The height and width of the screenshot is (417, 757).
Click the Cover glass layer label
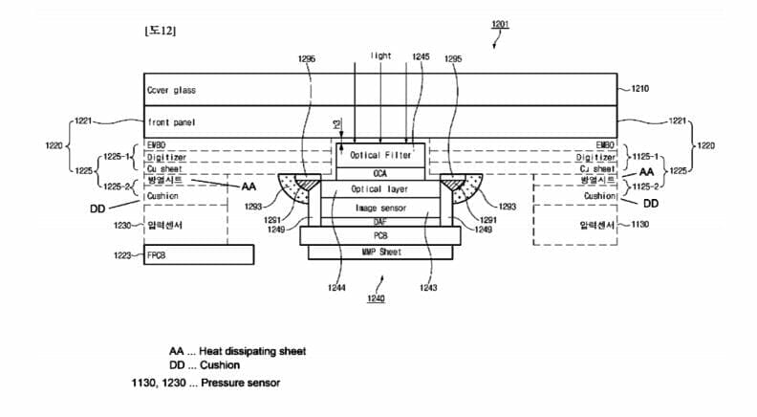click(x=171, y=90)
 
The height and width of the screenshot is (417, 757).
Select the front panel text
click(x=172, y=122)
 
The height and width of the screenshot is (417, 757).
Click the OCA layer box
click(x=381, y=173)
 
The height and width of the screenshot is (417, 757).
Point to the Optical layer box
click(x=380, y=189)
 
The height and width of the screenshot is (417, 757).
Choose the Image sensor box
click(x=380, y=208)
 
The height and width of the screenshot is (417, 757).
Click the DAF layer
click(x=380, y=222)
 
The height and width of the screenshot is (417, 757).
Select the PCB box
click(x=380, y=236)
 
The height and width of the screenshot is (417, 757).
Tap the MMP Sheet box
click(x=380, y=252)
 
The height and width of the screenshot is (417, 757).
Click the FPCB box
click(x=199, y=254)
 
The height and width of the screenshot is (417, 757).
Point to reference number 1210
click(x=639, y=89)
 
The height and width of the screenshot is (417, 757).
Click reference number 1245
click(x=420, y=57)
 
